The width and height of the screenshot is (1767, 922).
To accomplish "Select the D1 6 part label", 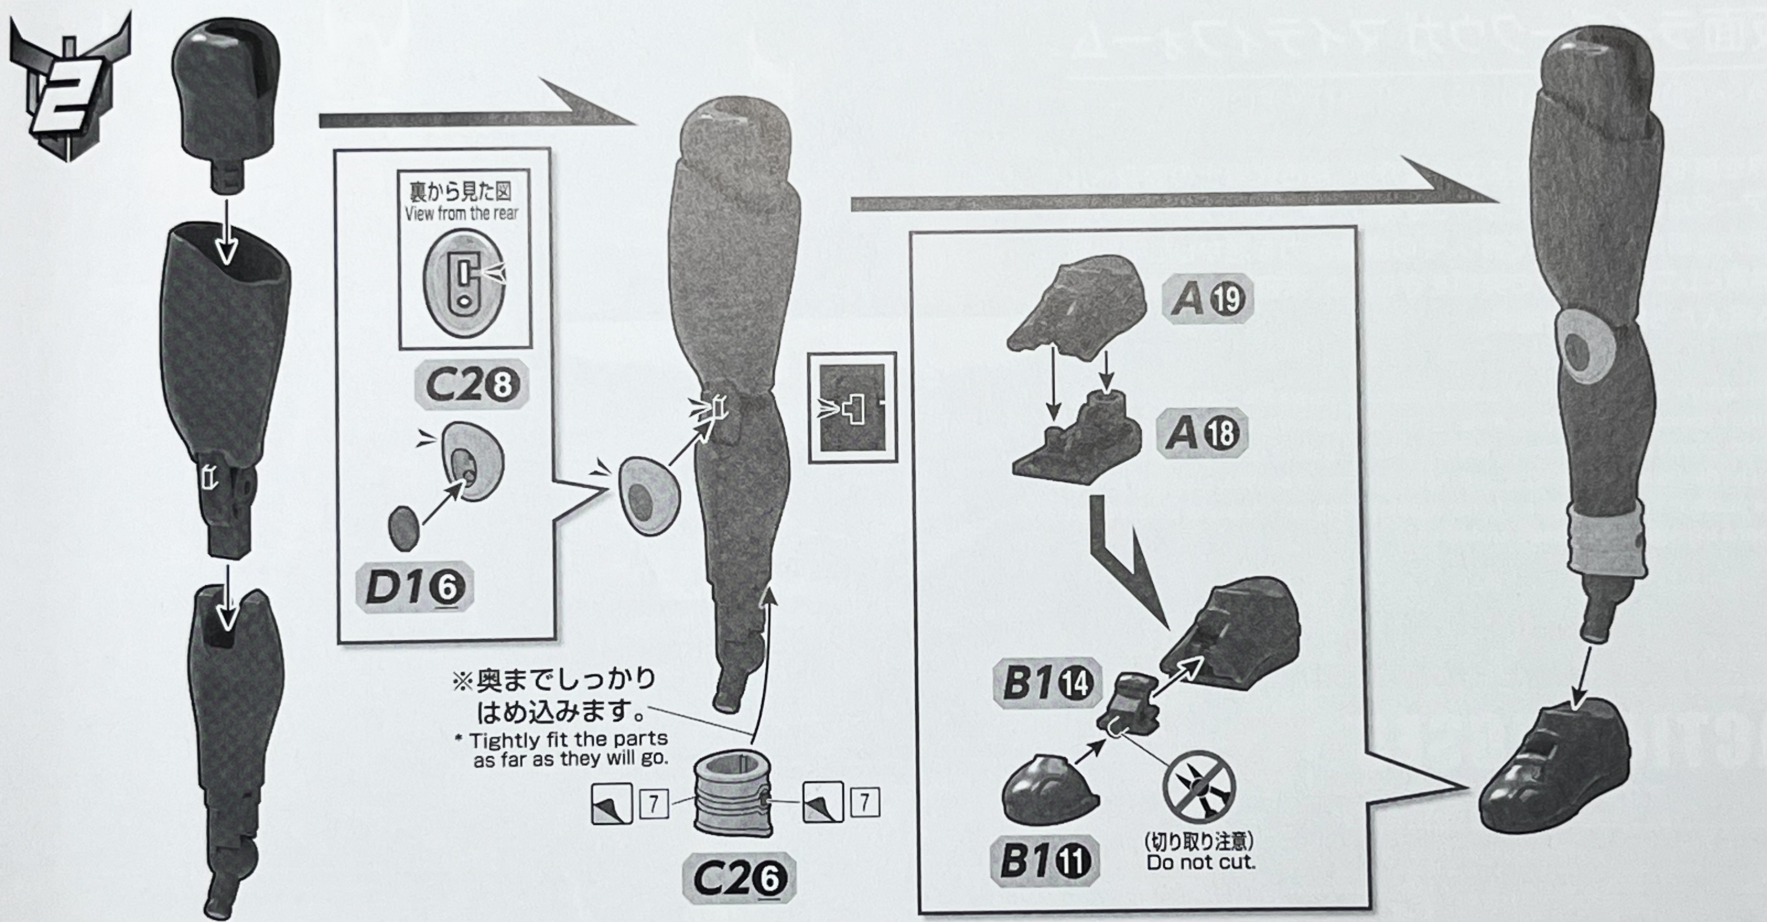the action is click(x=415, y=587).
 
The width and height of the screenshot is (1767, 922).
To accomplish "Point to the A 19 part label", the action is click(x=1208, y=299).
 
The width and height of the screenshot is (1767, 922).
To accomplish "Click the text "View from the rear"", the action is click(x=461, y=214).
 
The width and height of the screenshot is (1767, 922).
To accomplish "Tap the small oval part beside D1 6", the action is click(x=404, y=528).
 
